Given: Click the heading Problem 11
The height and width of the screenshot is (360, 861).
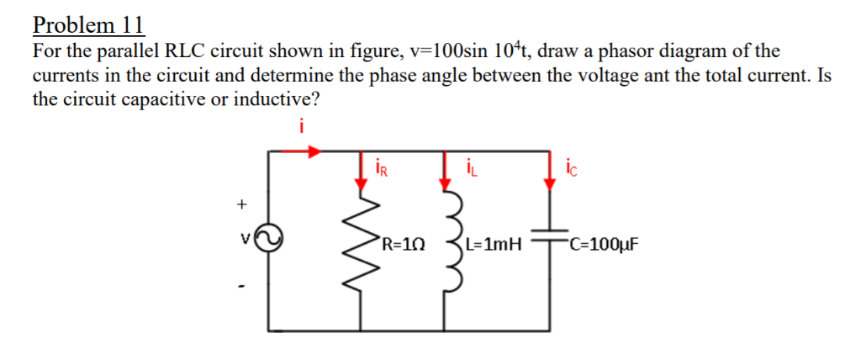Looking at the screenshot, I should (88, 24).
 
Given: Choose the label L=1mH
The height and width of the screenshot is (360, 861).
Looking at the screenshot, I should (494, 246).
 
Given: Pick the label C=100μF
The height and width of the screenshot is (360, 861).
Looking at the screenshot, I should (603, 246).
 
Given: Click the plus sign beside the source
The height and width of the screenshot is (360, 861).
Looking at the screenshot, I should (243, 204).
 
